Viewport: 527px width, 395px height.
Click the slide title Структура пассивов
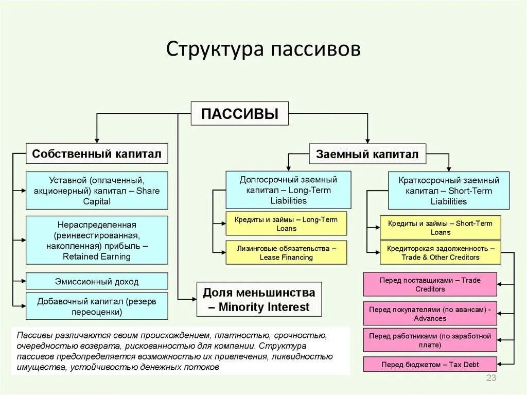tap(263, 49)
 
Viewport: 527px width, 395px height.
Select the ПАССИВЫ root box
tap(240, 113)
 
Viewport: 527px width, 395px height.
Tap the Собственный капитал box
tap(97, 153)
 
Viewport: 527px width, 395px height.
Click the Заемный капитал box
tap(367, 154)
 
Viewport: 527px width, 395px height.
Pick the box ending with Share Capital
tap(97, 191)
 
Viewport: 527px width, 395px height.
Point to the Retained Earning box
tap(97, 241)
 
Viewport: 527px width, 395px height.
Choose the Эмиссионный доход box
tap(97, 281)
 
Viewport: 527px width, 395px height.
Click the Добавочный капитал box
tap(97, 306)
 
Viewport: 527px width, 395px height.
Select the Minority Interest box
tap(259, 300)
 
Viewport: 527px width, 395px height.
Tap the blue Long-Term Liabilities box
tap(288, 190)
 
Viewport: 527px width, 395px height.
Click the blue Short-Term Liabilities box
tap(449, 191)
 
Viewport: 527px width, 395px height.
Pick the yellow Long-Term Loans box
tap(286, 224)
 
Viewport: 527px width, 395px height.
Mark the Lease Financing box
tap(286, 252)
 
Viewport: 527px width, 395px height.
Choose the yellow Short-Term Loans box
tap(440, 227)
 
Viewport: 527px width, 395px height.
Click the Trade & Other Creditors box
tap(440, 252)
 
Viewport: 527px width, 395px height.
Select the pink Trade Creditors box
tap(430, 284)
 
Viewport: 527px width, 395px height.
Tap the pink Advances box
tap(430, 314)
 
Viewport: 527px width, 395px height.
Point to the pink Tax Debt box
tap(430, 365)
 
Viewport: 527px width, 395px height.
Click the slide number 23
tap(490, 380)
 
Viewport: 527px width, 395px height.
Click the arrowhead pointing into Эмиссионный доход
tap(23, 281)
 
